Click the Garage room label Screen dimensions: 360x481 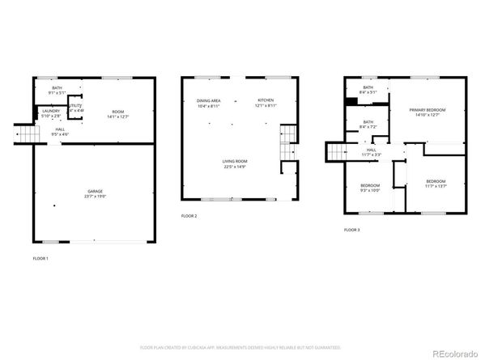(96, 191)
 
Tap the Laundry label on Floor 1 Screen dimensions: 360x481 (50, 112)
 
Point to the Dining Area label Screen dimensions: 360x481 (208, 101)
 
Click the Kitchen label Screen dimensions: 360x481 (266, 101)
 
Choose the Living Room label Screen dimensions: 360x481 (235, 162)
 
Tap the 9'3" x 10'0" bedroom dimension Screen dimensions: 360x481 (370, 192)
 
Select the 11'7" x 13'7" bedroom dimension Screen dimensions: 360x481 (436, 187)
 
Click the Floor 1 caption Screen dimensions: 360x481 (40, 258)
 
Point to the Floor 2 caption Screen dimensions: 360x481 (189, 216)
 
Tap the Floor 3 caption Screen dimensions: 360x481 (351, 230)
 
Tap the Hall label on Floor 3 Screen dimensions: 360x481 (372, 150)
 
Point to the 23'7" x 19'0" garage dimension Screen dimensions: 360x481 (96, 196)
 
